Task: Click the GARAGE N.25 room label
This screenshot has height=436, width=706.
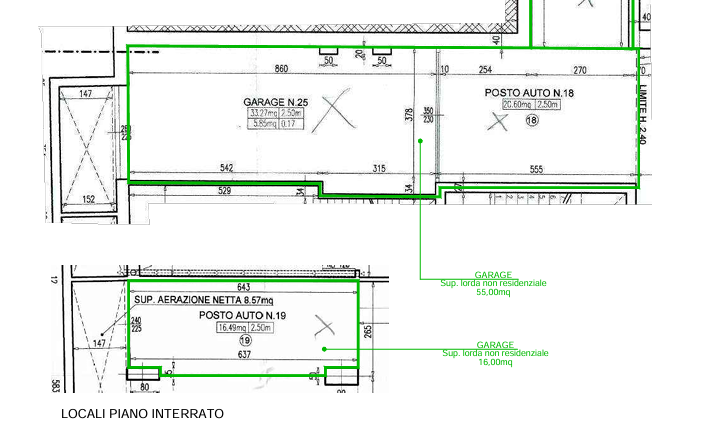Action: pos(272,102)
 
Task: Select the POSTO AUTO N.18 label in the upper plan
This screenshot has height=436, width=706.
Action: pos(530,93)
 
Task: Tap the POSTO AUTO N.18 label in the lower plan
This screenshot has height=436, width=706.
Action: pos(243,315)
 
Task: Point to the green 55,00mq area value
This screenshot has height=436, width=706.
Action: pos(494,293)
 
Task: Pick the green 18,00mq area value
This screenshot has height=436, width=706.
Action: pos(494,361)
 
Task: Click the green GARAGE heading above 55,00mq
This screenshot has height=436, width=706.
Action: pos(494,275)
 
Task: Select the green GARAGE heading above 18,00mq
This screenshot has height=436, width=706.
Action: pos(494,344)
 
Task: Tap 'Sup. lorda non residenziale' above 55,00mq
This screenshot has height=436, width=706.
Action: pos(494,284)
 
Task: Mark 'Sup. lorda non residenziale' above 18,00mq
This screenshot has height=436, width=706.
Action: pos(494,353)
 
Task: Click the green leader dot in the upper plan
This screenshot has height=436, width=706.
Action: pos(421,141)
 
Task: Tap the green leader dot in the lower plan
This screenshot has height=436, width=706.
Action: pos(323,348)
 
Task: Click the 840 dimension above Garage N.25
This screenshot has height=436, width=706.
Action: pos(283,68)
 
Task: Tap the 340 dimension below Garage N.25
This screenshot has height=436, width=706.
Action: pos(227,166)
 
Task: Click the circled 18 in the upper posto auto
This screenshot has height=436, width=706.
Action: pos(530,119)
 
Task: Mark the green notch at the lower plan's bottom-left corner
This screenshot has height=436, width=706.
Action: pos(146,372)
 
